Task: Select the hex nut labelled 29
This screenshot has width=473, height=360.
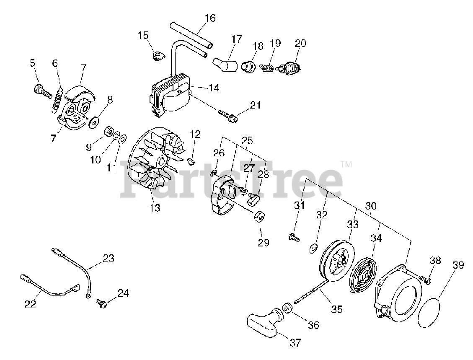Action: tap(259, 217)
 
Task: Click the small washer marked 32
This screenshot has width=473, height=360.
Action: tap(312, 249)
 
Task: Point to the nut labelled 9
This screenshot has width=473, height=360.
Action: tap(109, 132)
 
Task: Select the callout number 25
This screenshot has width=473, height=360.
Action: tap(247, 141)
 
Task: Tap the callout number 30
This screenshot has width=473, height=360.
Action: tap(371, 206)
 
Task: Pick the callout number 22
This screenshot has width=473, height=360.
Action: tap(30, 304)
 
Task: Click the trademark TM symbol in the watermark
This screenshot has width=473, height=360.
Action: tap(346, 165)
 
